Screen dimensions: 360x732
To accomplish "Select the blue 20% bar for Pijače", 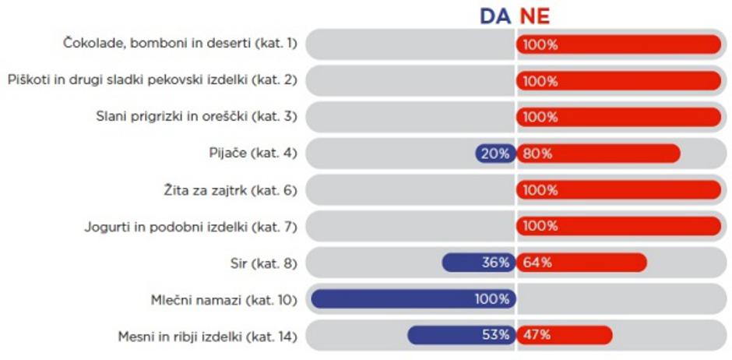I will pyautogui.click(x=494, y=154).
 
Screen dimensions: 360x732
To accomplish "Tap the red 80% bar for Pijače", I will pyautogui.click(x=598, y=154).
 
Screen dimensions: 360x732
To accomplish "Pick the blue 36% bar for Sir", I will pyautogui.click(x=477, y=263).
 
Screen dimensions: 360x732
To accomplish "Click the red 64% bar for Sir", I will pyautogui.click(x=581, y=263).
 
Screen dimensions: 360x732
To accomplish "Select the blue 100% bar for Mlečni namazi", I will pyautogui.click(x=412, y=298).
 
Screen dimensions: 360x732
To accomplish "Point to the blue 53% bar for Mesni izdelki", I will pyautogui.click(x=460, y=335).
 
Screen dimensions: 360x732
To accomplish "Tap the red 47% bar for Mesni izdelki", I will pyautogui.click(x=564, y=335).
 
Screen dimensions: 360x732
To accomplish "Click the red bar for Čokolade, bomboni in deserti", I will pyautogui.click(x=619, y=44).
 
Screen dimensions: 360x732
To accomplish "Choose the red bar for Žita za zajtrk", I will pyautogui.click(x=619, y=189).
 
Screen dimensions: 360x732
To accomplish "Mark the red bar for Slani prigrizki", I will pyautogui.click(x=619, y=117).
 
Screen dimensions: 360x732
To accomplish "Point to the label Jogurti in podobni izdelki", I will pyautogui.click(x=191, y=227).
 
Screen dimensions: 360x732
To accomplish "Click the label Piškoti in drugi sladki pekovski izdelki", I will pyautogui.click(x=153, y=81).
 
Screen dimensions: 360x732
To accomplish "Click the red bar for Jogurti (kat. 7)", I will pyautogui.click(x=619, y=226).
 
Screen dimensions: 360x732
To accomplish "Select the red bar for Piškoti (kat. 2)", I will pyautogui.click(x=619, y=81).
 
